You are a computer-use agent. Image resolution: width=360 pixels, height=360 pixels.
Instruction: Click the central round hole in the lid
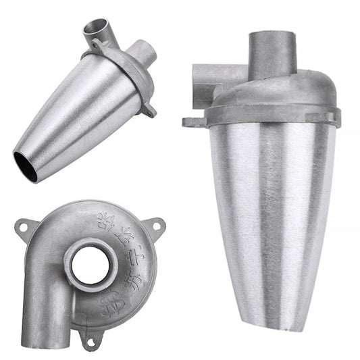tap(91, 265)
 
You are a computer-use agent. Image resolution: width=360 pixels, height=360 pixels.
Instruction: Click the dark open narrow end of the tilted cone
tap(26, 165)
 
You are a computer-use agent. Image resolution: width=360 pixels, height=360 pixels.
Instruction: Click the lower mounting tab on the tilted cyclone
tap(149, 109)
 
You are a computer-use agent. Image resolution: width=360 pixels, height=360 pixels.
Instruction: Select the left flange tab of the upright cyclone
tap(192, 122)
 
